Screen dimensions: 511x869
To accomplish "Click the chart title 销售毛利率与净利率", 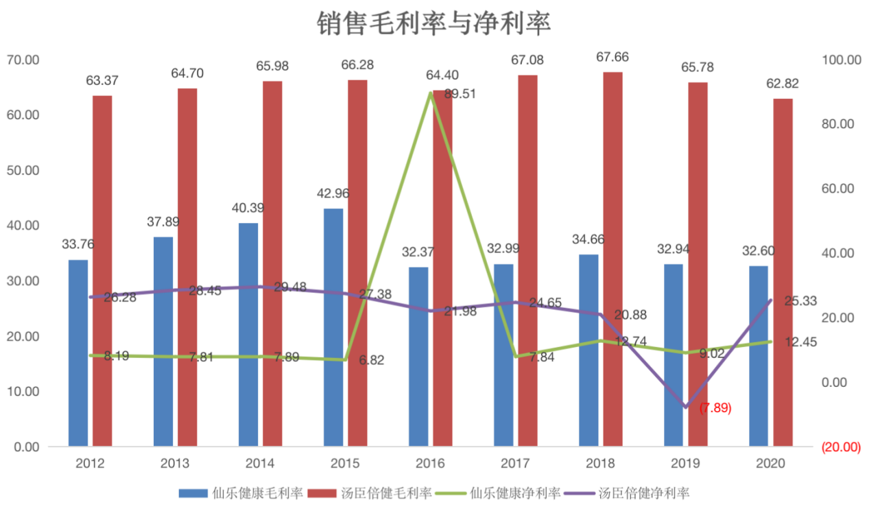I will [433, 23].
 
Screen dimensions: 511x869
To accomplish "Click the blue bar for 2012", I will [78, 353].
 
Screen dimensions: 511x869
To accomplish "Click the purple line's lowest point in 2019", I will [686, 407].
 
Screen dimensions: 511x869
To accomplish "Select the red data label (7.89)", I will [715, 408].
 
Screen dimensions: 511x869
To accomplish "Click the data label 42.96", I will [333, 193].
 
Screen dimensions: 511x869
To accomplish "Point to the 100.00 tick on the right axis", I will [840, 60].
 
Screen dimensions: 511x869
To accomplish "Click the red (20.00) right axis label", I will [840, 447].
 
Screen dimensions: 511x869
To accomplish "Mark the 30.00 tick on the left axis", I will [23, 281].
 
